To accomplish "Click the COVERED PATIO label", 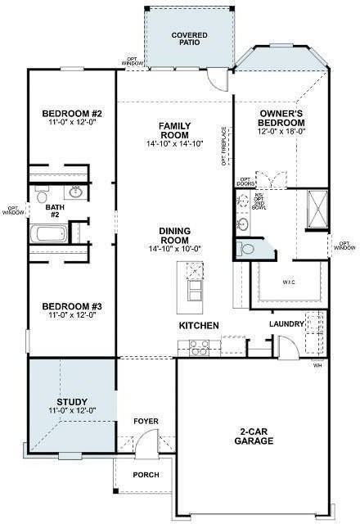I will pyautogui.click(x=189, y=40).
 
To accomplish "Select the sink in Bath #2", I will pyautogui.click(x=75, y=193).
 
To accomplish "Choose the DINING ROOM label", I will pyautogui.click(x=174, y=236).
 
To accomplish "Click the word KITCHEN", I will pyautogui.click(x=199, y=326).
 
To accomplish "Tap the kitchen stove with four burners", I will pyautogui.click(x=200, y=350).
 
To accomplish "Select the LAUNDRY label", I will pyautogui.click(x=286, y=324).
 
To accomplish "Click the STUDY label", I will pyautogui.click(x=72, y=402).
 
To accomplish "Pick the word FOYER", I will pyautogui.click(x=146, y=421).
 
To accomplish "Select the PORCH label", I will pyautogui.click(x=146, y=475).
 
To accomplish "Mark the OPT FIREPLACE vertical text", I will pyautogui.click(x=223, y=147).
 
